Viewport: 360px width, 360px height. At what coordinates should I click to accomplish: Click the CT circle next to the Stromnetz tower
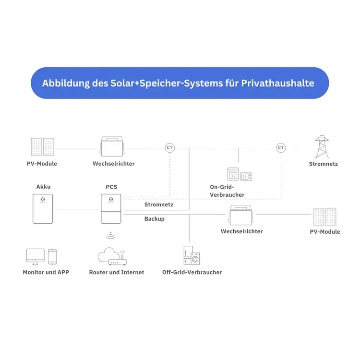click(x=281, y=148)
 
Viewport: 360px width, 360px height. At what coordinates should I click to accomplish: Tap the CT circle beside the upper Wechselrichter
click(x=169, y=148)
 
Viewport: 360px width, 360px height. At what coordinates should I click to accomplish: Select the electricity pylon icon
click(x=322, y=147)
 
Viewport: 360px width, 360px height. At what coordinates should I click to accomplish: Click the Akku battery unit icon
click(x=43, y=209)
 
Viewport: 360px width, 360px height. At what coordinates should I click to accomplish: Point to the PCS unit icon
click(x=111, y=209)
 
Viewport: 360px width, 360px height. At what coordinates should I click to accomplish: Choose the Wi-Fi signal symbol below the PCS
click(x=110, y=235)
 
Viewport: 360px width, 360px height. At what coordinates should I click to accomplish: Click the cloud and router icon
click(x=112, y=256)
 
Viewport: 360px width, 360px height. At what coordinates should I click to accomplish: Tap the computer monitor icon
click(x=36, y=257)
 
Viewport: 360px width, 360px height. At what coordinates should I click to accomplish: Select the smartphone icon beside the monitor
click(x=52, y=257)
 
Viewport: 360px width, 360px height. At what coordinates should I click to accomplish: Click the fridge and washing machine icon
click(x=192, y=255)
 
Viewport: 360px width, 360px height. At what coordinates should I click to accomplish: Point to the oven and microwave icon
click(x=240, y=174)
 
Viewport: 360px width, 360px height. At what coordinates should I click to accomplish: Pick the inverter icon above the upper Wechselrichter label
click(x=112, y=146)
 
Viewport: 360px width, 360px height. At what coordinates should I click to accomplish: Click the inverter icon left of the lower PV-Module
click(x=240, y=215)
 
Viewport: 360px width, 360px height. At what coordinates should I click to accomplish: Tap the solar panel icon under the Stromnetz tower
click(x=324, y=217)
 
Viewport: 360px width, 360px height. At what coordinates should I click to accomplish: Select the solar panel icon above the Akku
click(x=43, y=147)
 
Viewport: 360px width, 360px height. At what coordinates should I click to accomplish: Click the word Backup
click(x=155, y=219)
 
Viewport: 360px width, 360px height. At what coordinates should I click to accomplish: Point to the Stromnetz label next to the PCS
click(x=159, y=204)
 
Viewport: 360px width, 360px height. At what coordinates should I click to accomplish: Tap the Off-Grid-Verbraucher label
click(x=192, y=272)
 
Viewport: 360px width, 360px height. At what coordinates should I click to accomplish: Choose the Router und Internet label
click(x=117, y=272)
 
